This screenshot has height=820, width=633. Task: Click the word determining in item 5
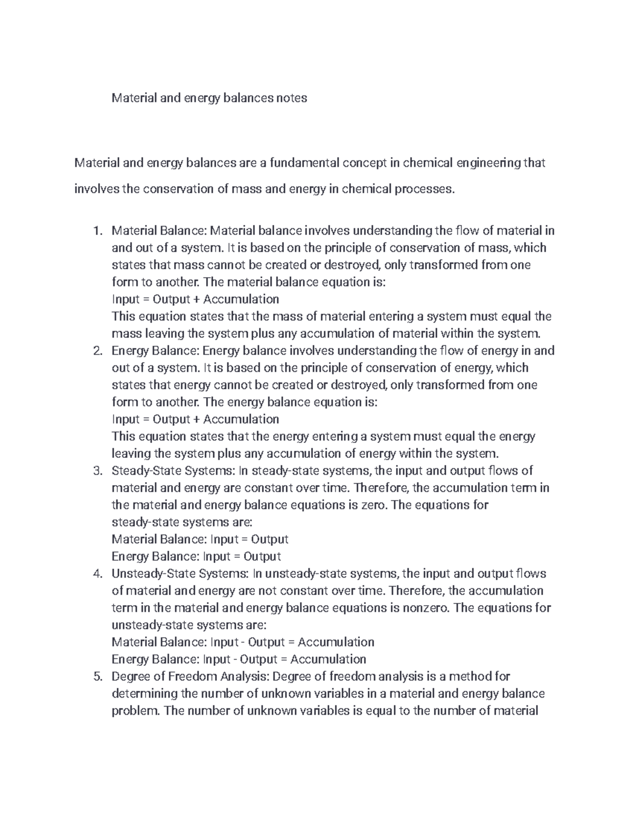[145, 693]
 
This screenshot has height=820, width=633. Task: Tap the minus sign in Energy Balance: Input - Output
[243, 659]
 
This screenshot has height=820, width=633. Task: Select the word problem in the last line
[135, 711]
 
